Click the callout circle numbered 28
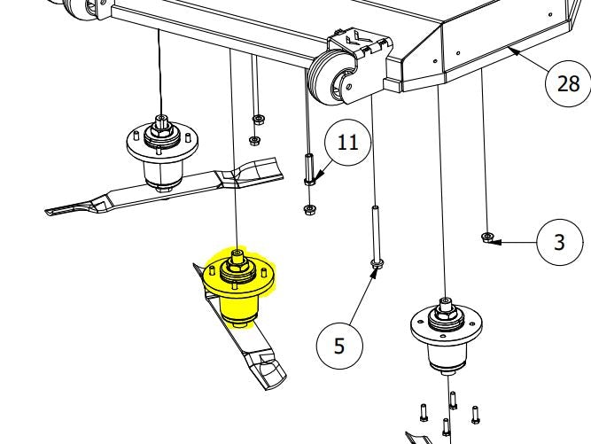point(568,83)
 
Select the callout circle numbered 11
point(348,143)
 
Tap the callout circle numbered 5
point(339,346)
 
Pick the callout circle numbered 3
point(560,242)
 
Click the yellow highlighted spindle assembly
point(238,288)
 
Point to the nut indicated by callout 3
point(487,238)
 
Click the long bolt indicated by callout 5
point(377,237)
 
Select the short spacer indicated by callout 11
point(309,169)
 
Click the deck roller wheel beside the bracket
point(330,80)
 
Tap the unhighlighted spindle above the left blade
point(162,152)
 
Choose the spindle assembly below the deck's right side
point(447,335)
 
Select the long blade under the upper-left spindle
point(166,187)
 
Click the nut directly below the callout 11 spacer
point(309,209)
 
